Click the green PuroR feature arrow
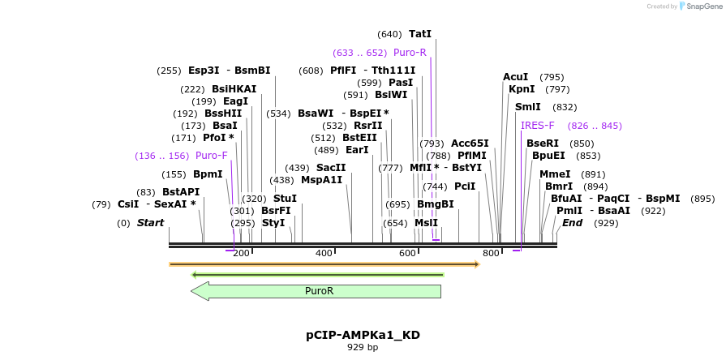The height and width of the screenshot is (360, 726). point(316,290)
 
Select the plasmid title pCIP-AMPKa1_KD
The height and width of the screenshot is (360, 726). point(363,335)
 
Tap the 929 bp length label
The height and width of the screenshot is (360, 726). point(363,348)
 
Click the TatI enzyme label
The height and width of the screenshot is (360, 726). point(420,34)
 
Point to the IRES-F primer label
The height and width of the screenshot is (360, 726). point(538,126)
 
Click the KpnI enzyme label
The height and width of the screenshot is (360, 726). point(522,89)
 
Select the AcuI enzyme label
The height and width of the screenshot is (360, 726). point(516,77)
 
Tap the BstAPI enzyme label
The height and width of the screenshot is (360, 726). point(181,192)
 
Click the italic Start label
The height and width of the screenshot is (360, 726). point(150,223)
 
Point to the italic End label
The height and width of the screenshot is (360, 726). point(573,223)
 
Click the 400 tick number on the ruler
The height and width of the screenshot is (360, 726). point(324,254)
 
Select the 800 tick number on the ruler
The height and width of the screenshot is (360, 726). point(491,254)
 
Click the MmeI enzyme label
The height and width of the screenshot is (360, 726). point(555,174)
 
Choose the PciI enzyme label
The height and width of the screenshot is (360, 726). point(465,186)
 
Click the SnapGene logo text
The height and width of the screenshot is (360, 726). point(702,6)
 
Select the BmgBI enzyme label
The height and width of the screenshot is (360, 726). point(436,204)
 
